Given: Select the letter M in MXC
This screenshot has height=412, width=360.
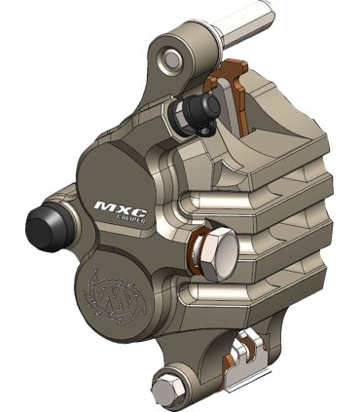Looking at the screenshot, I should click(x=103, y=206).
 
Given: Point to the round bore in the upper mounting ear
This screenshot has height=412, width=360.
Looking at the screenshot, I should click(x=172, y=59).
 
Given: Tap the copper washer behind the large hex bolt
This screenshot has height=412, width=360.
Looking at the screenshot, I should click(x=198, y=254).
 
